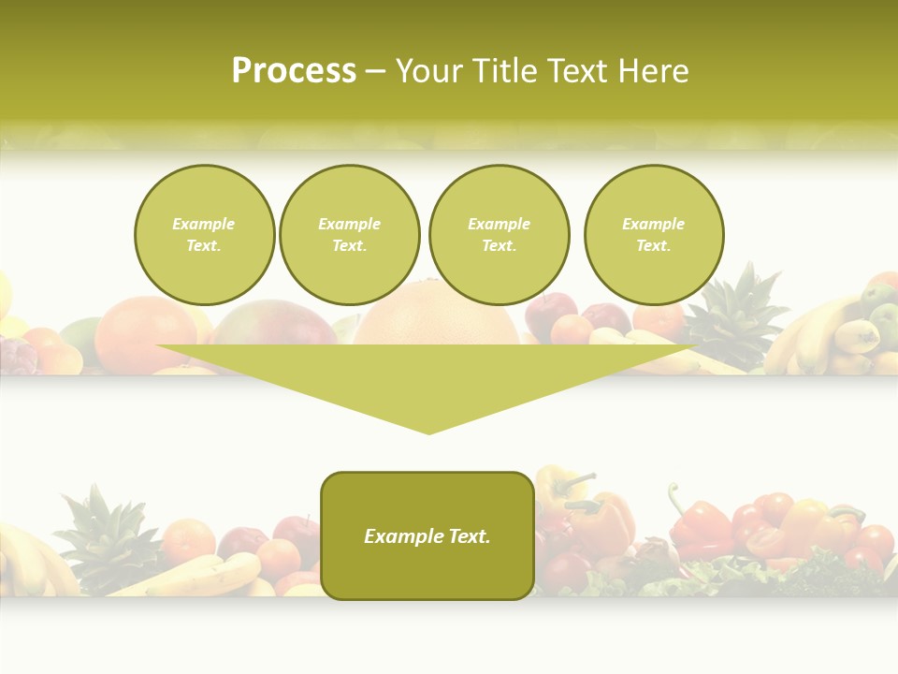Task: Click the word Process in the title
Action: click(x=294, y=71)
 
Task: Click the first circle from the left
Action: click(x=204, y=235)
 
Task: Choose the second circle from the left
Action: click(x=349, y=235)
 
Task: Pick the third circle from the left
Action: click(x=499, y=235)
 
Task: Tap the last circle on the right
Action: click(x=653, y=235)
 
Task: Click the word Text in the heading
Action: click(x=573, y=71)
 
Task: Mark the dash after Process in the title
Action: click(x=375, y=71)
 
